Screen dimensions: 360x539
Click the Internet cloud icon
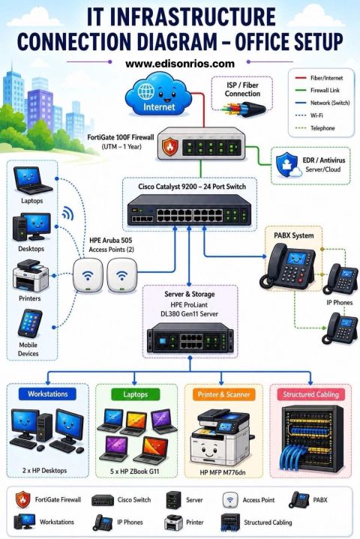[158, 94]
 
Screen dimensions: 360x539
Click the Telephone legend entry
[315, 128]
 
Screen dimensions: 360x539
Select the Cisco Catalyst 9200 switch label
[192, 187]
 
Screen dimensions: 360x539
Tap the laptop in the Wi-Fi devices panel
[31, 181]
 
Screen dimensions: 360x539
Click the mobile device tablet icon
[30, 323]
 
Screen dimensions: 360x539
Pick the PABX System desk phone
[287, 265]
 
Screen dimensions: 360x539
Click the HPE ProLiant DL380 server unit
[190, 338]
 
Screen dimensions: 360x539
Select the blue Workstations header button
[48, 394]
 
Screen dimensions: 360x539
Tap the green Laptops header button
[136, 394]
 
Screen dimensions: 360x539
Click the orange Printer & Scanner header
[223, 394]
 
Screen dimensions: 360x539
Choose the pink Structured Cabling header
[310, 394]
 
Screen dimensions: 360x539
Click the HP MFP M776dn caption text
[223, 472]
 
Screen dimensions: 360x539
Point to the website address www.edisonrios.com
[180, 64]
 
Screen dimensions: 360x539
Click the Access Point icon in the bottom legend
[230, 500]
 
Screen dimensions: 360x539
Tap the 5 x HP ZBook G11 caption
[135, 472]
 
